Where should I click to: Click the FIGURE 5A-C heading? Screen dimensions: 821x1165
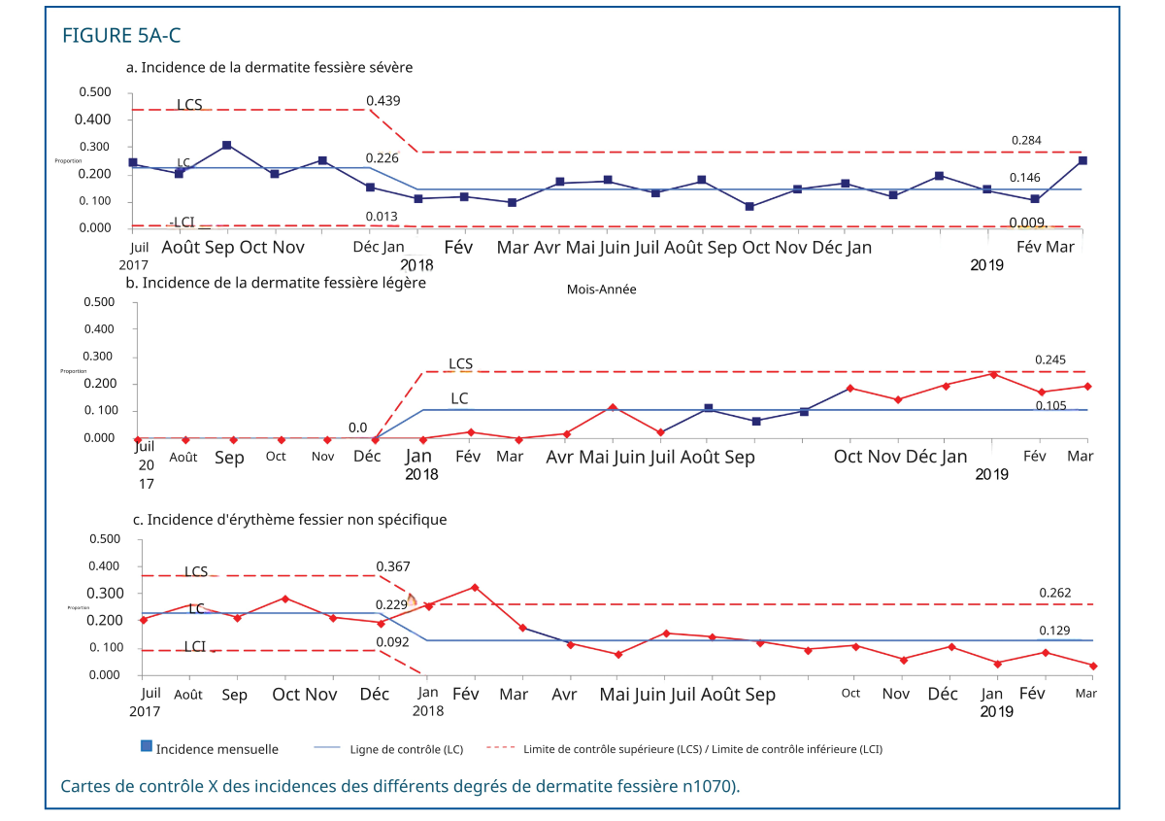click(x=121, y=36)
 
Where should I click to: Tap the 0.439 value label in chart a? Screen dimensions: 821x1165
click(x=383, y=101)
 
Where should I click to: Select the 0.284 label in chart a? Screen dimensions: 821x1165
click(x=1027, y=141)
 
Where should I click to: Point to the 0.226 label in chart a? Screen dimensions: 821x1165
click(x=383, y=158)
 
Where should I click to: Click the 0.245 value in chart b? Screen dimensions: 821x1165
click(x=1050, y=359)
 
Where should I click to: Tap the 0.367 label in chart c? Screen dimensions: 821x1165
click(x=392, y=566)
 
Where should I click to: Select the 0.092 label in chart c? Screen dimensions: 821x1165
click(x=392, y=642)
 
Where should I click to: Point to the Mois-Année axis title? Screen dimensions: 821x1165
click(x=601, y=290)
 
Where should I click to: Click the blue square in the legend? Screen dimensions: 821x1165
click(x=147, y=746)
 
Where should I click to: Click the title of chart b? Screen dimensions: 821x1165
click(x=276, y=283)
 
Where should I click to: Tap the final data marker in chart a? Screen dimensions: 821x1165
click(x=1082, y=160)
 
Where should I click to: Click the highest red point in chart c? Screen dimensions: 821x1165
click(x=475, y=587)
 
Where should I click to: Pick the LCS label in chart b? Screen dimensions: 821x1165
click(x=460, y=364)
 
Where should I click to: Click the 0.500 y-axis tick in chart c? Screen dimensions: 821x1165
click(x=104, y=539)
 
